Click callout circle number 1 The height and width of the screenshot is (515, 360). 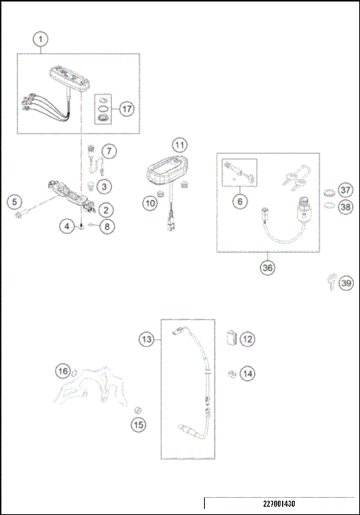tap(42, 37)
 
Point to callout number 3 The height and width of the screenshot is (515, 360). tap(104, 185)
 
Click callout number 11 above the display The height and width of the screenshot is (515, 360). tap(178, 144)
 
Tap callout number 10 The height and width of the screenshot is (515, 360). tap(150, 202)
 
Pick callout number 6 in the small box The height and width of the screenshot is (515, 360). tap(239, 201)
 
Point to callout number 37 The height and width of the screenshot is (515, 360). tap(344, 190)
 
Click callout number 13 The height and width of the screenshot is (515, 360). tap(148, 339)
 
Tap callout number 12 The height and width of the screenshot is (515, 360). tap(247, 339)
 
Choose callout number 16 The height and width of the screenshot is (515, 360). tap(64, 370)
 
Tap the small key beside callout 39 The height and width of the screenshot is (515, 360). tap(329, 283)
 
